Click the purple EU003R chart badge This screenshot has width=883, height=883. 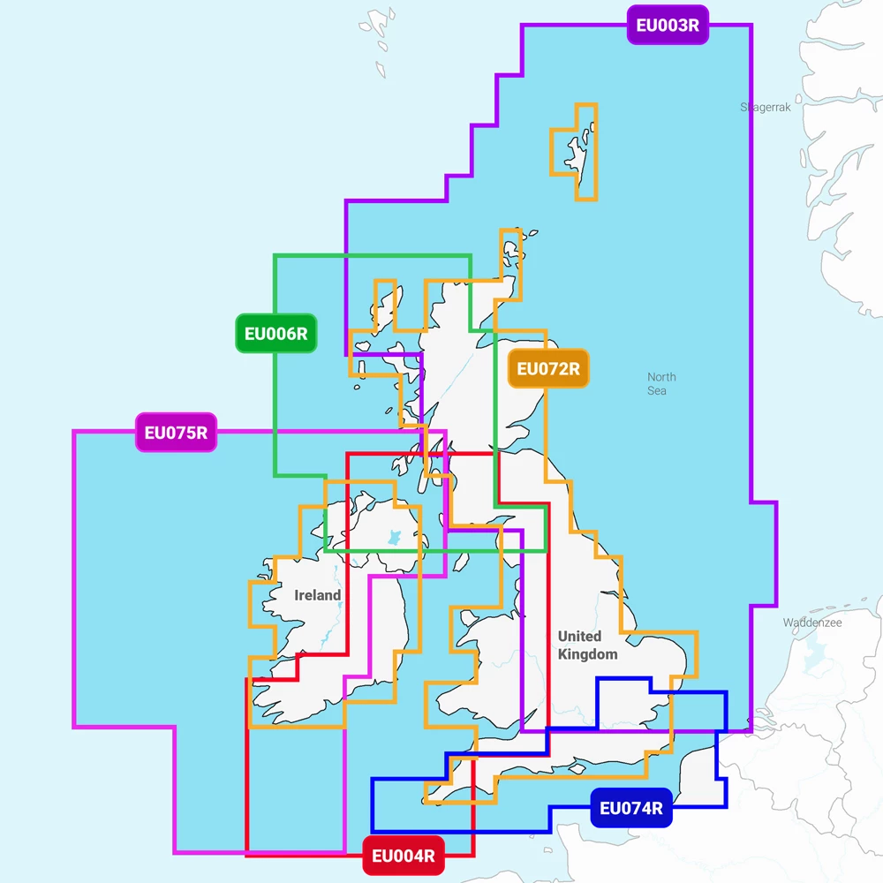668,25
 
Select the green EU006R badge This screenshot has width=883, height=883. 276,334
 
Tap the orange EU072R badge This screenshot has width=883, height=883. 548,369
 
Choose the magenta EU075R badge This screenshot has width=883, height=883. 176,433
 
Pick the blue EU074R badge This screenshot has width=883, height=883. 630,808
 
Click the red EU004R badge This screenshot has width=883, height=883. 404,856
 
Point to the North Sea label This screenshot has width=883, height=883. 660,383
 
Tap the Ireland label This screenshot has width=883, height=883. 317,595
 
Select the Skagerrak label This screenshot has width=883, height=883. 766,108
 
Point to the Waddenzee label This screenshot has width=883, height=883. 812,623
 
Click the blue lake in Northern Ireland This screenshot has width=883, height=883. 394,536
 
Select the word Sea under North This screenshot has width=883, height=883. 657,390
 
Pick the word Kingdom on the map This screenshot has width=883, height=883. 587,654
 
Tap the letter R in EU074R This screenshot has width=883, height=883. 655,808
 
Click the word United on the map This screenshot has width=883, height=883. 579,636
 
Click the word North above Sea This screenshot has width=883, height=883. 661,377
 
